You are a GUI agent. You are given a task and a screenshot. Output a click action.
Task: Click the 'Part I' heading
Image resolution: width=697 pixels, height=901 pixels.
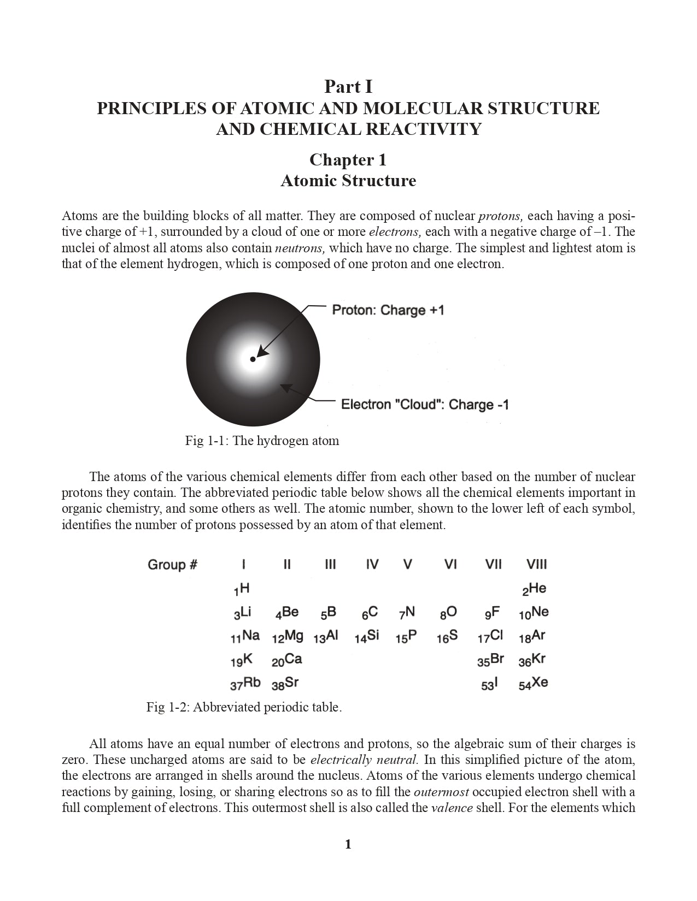tap(348, 87)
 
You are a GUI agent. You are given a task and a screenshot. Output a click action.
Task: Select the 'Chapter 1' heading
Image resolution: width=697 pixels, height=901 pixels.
tap(348, 159)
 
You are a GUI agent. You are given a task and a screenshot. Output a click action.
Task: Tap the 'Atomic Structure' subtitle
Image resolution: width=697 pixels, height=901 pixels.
tap(348, 181)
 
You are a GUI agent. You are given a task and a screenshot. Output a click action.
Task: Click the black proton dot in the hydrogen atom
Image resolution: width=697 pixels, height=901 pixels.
tap(253, 359)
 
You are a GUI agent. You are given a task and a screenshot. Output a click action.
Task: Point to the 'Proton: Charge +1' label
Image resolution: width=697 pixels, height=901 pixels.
tap(388, 310)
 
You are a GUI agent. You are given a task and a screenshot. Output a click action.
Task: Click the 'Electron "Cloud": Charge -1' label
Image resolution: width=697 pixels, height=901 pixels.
tap(425, 405)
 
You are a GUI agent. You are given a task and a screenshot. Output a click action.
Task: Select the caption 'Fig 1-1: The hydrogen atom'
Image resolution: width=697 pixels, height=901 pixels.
tap(262, 441)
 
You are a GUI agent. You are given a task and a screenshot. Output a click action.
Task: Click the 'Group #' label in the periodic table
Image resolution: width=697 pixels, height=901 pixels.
tap(172, 565)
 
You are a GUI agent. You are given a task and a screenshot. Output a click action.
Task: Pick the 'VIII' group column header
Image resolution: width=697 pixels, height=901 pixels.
tap(536, 565)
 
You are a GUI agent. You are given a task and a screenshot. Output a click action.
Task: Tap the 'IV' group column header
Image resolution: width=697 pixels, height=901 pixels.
tap(372, 565)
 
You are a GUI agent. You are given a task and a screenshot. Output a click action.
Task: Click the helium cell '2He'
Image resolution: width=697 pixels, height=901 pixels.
tap(534, 589)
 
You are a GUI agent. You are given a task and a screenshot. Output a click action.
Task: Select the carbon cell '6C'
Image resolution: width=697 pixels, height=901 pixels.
tap(370, 613)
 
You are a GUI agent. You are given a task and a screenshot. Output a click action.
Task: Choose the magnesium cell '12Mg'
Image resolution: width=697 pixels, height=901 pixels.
tap(288, 636)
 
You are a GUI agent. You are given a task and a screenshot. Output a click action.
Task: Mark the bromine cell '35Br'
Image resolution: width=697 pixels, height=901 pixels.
tap(490, 660)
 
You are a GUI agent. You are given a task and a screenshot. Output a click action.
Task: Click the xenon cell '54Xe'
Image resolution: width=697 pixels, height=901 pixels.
tap(534, 683)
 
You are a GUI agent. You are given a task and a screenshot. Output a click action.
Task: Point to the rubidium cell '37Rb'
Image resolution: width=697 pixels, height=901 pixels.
tap(245, 683)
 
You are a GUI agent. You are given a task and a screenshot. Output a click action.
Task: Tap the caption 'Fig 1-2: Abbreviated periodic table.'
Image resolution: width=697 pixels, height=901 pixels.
tap(244, 707)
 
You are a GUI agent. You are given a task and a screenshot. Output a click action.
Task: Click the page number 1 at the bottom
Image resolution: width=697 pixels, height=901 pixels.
tap(348, 845)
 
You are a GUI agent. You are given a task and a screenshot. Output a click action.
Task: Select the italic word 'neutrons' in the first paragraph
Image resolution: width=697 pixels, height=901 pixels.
tap(300, 248)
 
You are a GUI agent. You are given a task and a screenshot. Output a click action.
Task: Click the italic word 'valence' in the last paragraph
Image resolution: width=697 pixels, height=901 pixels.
tap(452, 808)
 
